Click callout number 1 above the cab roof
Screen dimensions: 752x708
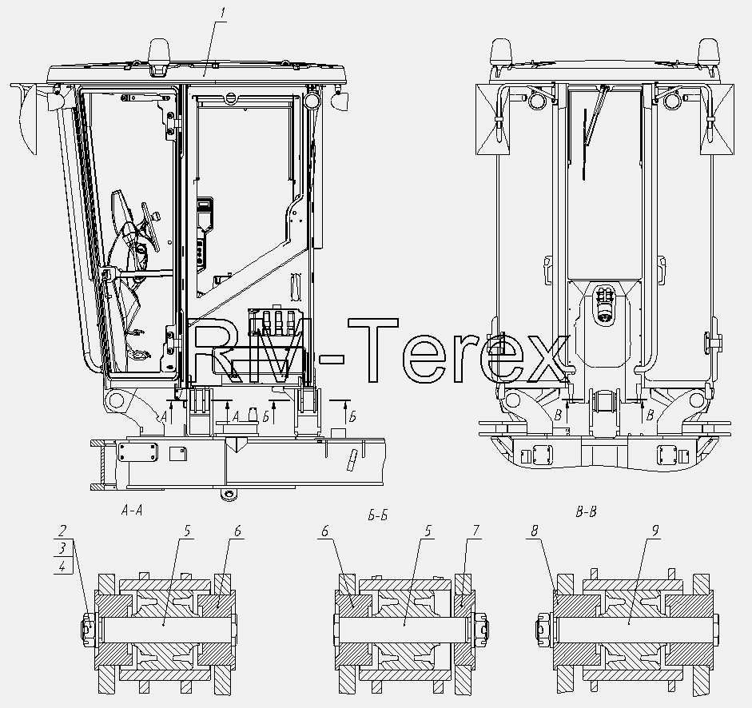pos(222,14)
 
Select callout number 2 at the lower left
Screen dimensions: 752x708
pos(62,531)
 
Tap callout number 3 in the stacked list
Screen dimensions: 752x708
pos(62,548)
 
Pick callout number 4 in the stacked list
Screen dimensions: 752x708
pos(62,567)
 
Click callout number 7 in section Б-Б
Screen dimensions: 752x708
pos(475,531)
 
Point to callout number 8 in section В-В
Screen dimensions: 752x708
pos(535,531)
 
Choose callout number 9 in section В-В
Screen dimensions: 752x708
pos(655,531)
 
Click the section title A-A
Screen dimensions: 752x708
pos(132,511)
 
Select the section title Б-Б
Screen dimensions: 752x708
pos(378,516)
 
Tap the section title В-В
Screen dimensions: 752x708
pos(586,512)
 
